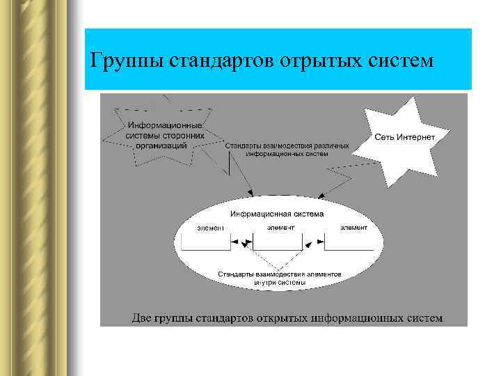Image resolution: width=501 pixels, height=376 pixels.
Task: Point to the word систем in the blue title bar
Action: [x=399, y=61]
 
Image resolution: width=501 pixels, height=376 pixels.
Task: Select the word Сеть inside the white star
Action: [x=385, y=136]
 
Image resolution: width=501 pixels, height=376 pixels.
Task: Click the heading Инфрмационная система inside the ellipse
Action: [x=277, y=214]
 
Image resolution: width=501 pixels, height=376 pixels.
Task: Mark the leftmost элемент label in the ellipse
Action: [x=211, y=227]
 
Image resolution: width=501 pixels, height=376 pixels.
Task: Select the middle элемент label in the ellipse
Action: [x=280, y=227]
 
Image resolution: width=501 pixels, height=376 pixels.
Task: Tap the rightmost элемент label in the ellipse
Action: [x=353, y=227]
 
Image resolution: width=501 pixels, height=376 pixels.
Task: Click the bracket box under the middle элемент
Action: [x=277, y=243]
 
